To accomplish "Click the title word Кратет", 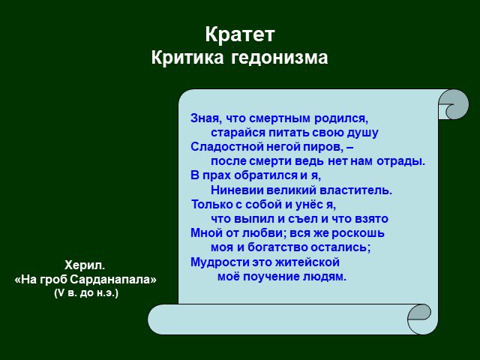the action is [x=240, y=34].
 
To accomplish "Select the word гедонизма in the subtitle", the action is [x=279, y=58].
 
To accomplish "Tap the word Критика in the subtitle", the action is [x=187, y=57].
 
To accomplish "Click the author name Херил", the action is [x=85, y=265].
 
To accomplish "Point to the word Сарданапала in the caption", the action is [x=113, y=279].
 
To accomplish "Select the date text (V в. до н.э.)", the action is [x=86, y=293].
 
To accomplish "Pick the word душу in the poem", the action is [x=362, y=133].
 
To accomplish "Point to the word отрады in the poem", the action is [x=400, y=161].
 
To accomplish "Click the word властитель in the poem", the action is [x=355, y=190].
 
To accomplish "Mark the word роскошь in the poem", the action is [x=358, y=233].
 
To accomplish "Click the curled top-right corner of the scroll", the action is [x=454, y=104].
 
